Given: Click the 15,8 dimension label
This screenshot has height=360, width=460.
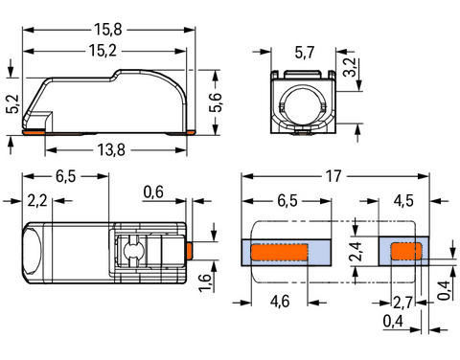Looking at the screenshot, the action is [x=108, y=30].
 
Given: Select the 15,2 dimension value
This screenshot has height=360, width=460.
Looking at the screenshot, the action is [x=103, y=51].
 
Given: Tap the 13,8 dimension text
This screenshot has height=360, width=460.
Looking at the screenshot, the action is [x=111, y=149].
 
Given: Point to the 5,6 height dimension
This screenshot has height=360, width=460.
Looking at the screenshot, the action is [x=216, y=102].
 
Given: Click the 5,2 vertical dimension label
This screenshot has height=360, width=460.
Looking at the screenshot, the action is [x=13, y=103].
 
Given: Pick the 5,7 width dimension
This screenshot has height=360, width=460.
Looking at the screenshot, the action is [x=305, y=53].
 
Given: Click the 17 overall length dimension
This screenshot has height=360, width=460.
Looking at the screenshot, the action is [x=333, y=176].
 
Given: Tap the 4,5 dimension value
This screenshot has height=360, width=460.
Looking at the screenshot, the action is [x=403, y=201].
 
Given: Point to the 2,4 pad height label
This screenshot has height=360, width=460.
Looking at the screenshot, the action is [x=356, y=252].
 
